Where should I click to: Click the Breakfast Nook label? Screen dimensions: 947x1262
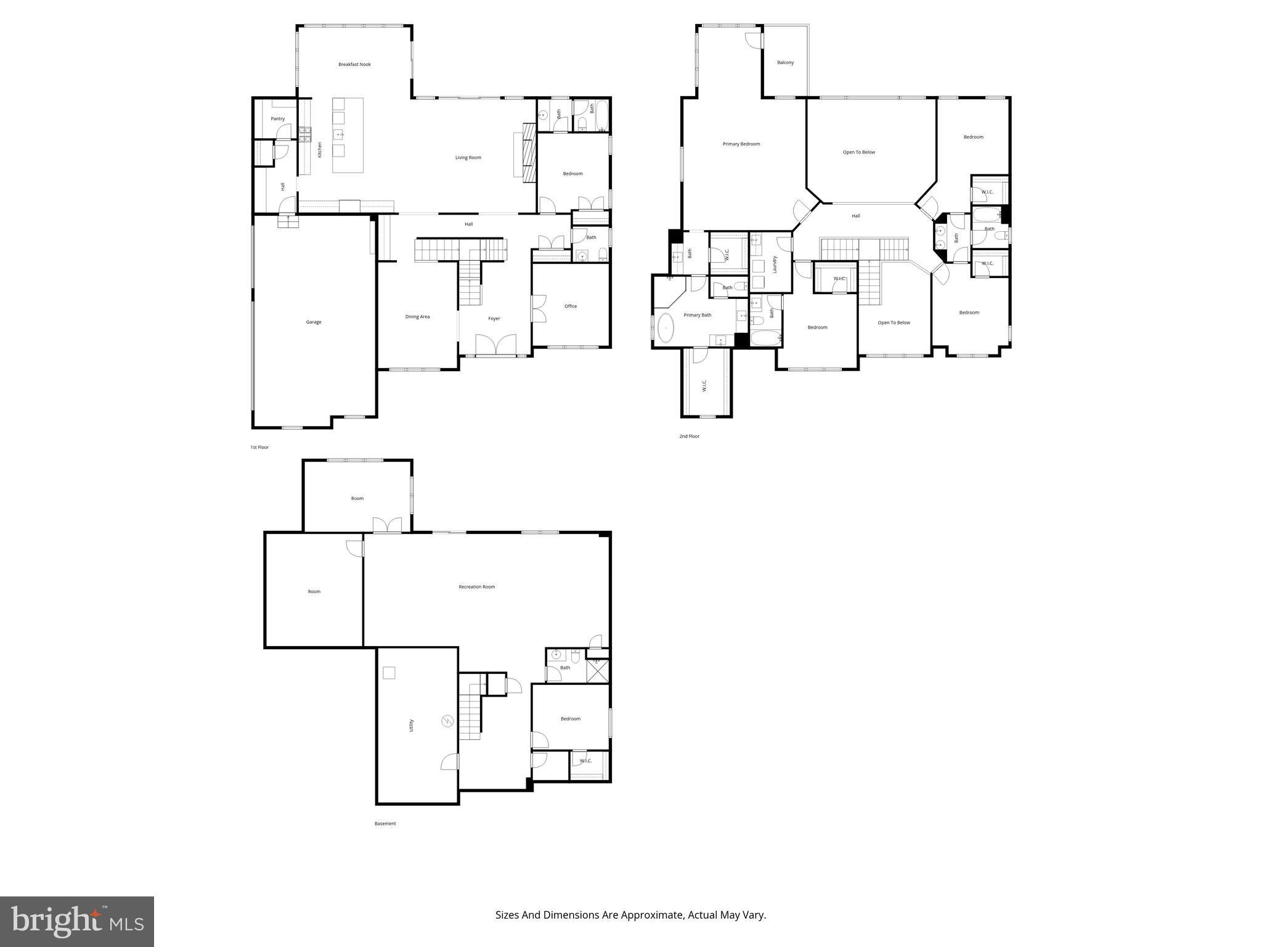(354, 64)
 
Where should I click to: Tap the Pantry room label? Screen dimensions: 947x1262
(278, 119)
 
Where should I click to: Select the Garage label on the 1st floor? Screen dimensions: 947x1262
(314, 322)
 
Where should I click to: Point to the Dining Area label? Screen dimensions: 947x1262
(417, 317)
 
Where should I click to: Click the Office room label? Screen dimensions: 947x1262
(571, 306)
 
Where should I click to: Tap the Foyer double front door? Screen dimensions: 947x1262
(495, 346)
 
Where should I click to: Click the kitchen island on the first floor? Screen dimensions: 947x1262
(348, 135)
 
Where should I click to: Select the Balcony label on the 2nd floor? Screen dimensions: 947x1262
(785, 63)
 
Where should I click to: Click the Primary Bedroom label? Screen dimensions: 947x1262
(741, 144)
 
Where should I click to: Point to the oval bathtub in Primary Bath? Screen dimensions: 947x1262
(666, 328)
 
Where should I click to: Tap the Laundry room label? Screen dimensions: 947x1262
(775, 264)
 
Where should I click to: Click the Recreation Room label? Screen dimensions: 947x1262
(476, 587)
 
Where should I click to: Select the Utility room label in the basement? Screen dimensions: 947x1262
(412, 726)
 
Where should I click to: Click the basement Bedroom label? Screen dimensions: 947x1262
(570, 719)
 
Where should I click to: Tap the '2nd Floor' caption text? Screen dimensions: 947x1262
(689, 437)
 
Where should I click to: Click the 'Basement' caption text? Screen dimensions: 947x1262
(385, 824)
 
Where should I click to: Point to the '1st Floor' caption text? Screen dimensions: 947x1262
(259, 448)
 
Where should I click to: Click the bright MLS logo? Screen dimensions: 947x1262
(77, 921)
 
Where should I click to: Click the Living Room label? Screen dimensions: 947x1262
(468, 158)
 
